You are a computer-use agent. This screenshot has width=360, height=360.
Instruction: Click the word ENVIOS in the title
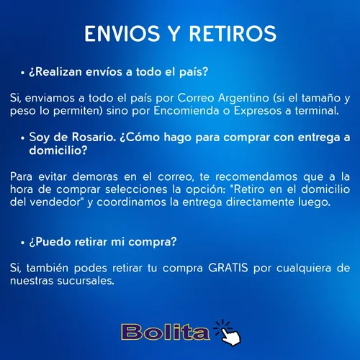(x=122, y=34)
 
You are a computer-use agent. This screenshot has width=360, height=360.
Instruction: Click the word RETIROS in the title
(x=233, y=34)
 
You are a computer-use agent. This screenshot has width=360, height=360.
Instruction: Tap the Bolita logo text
(x=166, y=332)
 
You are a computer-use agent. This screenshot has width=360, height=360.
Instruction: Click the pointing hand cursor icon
(x=228, y=333)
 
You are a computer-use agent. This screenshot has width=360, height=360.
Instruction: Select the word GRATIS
(x=228, y=268)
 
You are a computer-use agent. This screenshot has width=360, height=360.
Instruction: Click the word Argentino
(x=243, y=99)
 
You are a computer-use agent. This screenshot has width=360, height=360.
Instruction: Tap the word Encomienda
(x=186, y=111)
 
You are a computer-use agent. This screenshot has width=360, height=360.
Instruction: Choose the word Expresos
(x=258, y=111)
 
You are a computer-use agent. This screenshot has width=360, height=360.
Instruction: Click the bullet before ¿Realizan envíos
(x=22, y=73)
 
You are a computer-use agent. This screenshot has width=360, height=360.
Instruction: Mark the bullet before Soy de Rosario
(x=22, y=138)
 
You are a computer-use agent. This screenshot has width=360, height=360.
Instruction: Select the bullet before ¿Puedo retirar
(x=22, y=243)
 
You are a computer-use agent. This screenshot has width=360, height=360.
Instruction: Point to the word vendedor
(x=55, y=202)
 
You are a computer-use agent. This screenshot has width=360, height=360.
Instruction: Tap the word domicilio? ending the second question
(x=58, y=150)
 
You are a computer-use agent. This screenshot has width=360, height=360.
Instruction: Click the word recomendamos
(x=256, y=177)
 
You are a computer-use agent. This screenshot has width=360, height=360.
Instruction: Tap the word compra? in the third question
(x=153, y=242)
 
